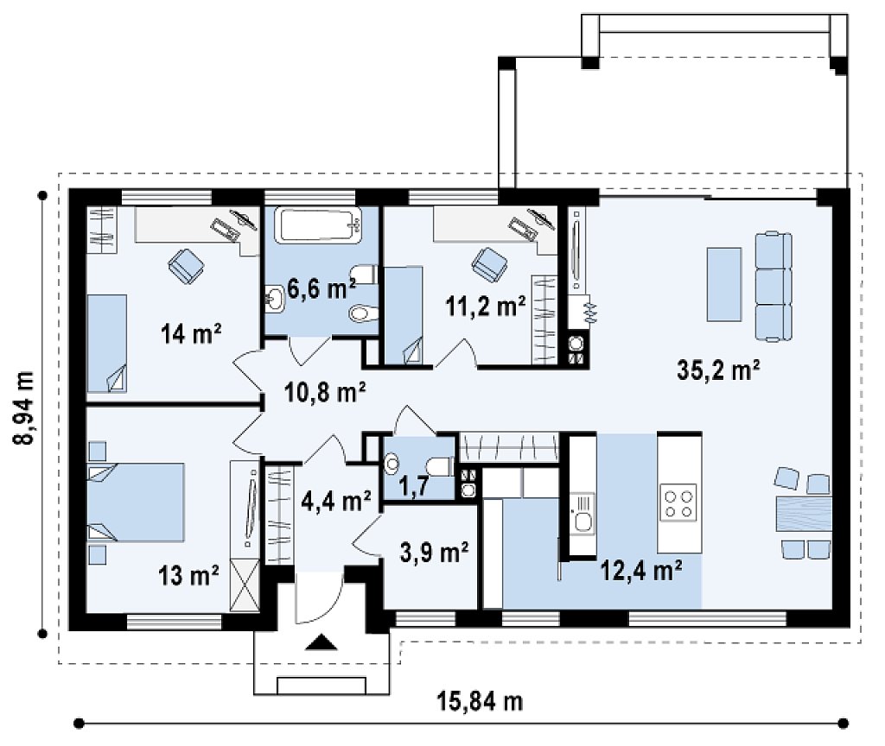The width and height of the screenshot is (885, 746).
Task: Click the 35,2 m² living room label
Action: (x=718, y=370)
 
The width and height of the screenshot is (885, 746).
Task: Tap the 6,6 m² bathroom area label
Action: (x=322, y=288)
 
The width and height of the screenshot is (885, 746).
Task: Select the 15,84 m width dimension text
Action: (x=480, y=701)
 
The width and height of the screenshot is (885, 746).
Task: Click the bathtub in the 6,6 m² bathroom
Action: (x=318, y=226)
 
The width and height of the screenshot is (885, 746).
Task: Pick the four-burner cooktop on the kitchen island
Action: (x=678, y=503)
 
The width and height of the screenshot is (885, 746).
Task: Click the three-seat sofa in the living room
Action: (x=774, y=287)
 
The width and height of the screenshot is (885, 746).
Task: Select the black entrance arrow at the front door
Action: (x=321, y=642)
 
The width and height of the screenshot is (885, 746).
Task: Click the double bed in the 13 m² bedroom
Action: (x=136, y=503)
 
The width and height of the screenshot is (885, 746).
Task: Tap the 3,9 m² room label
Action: (x=434, y=552)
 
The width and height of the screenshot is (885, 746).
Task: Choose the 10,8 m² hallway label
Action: (x=325, y=392)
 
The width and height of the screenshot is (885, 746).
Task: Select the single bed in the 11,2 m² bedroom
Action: (x=403, y=316)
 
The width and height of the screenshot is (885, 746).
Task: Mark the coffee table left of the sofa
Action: (x=724, y=284)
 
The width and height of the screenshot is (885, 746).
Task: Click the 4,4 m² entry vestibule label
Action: (x=336, y=501)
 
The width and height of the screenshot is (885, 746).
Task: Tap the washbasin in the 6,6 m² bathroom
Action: (x=276, y=298)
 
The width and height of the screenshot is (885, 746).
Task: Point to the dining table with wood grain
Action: (x=804, y=514)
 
